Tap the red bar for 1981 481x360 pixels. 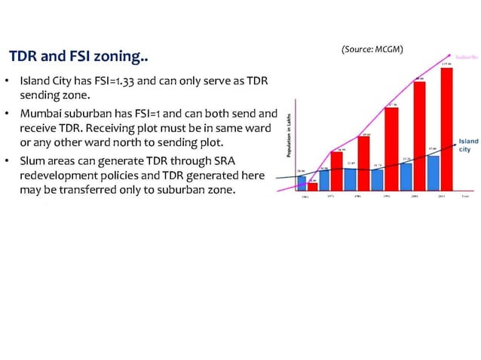(x=364, y=163)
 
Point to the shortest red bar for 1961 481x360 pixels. (x=312, y=186)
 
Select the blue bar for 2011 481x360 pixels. (x=434, y=172)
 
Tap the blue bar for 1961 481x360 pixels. (x=302, y=182)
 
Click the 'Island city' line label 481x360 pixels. (x=467, y=145)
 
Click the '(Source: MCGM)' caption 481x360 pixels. (x=372, y=49)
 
